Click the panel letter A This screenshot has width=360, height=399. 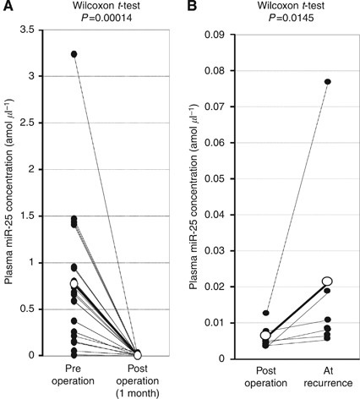7,8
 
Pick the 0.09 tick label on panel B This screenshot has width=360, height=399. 220,36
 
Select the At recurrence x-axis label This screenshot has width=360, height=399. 326,376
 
